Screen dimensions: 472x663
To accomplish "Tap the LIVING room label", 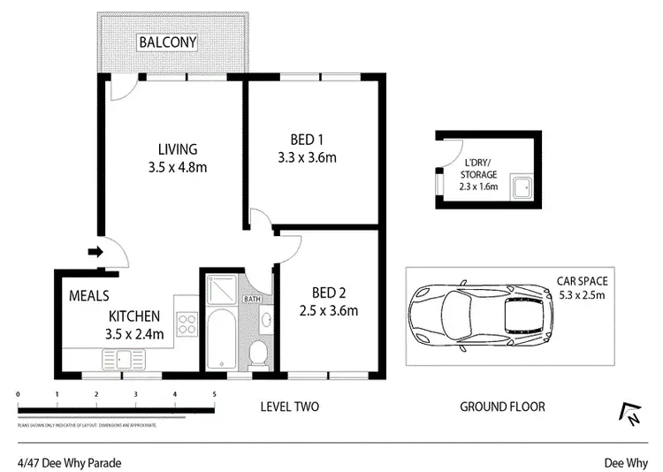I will pyautogui.click(x=178, y=148).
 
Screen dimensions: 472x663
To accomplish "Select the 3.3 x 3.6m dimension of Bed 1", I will pyautogui.click(x=308, y=159).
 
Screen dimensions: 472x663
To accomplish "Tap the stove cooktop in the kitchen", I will pyautogui.click(x=187, y=324).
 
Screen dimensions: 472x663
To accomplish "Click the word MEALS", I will pyautogui.click(x=88, y=296).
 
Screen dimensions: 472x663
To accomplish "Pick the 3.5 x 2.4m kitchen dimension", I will pyautogui.click(x=134, y=335).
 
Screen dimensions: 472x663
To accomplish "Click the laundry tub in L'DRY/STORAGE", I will pyautogui.click(x=523, y=187).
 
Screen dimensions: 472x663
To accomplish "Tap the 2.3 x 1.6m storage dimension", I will pyautogui.click(x=478, y=187).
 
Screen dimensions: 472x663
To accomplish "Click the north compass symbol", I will pyautogui.click(x=629, y=414).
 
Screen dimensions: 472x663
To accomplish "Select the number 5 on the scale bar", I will pyautogui.click(x=214, y=394).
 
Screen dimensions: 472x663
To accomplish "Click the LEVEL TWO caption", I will pyautogui.click(x=289, y=407).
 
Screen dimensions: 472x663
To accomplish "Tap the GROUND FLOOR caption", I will pyautogui.click(x=502, y=407).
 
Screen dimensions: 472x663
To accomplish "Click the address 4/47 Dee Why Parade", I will pyautogui.click(x=69, y=462).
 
